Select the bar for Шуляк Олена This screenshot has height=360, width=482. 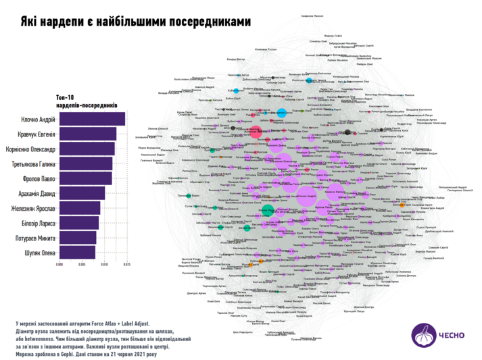coord(77,253)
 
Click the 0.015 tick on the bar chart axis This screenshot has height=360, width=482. coord(126,265)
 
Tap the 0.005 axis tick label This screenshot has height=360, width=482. coord(82,265)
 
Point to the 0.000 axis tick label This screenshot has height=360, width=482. coord(59,265)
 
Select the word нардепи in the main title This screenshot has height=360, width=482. coord(56,22)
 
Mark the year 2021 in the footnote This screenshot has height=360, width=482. coord(139,354)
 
